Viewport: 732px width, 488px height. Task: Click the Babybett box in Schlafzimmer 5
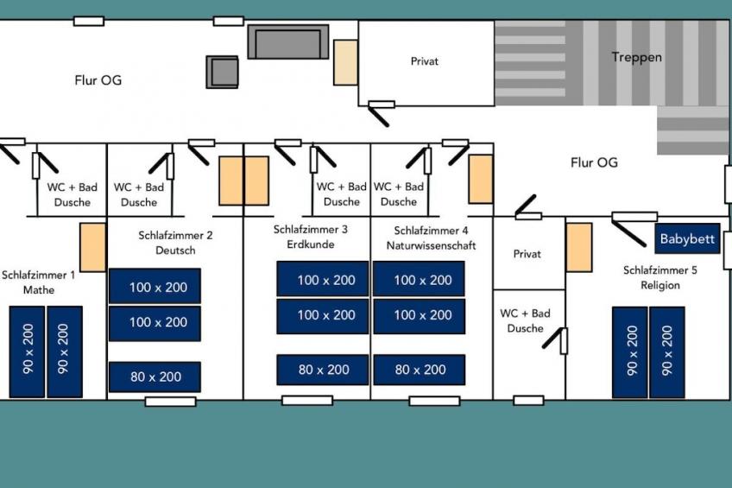(687, 239)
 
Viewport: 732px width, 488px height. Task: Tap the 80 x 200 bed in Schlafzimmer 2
(155, 377)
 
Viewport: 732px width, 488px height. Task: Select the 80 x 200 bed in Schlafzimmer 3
(323, 370)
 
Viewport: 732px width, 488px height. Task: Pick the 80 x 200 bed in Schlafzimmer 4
(420, 370)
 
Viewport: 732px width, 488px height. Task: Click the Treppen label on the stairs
(636, 58)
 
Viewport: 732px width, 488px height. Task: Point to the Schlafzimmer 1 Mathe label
(38, 282)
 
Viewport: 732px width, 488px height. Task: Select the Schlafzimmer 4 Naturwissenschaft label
(431, 238)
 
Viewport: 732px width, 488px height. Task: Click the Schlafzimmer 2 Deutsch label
(175, 242)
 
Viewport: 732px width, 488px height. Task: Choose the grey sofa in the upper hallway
(287, 41)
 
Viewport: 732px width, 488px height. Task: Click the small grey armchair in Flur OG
(222, 72)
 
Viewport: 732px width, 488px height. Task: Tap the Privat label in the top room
(424, 61)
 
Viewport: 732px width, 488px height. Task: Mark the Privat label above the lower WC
(527, 254)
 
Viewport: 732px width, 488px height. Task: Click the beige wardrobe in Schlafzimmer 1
(92, 247)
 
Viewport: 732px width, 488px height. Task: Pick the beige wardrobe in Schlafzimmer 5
(579, 248)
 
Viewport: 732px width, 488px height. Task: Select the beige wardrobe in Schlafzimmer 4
(480, 179)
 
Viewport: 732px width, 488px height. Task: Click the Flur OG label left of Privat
(98, 80)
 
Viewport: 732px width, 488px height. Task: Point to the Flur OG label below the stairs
(594, 162)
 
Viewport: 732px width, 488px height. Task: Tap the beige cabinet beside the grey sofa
(345, 62)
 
